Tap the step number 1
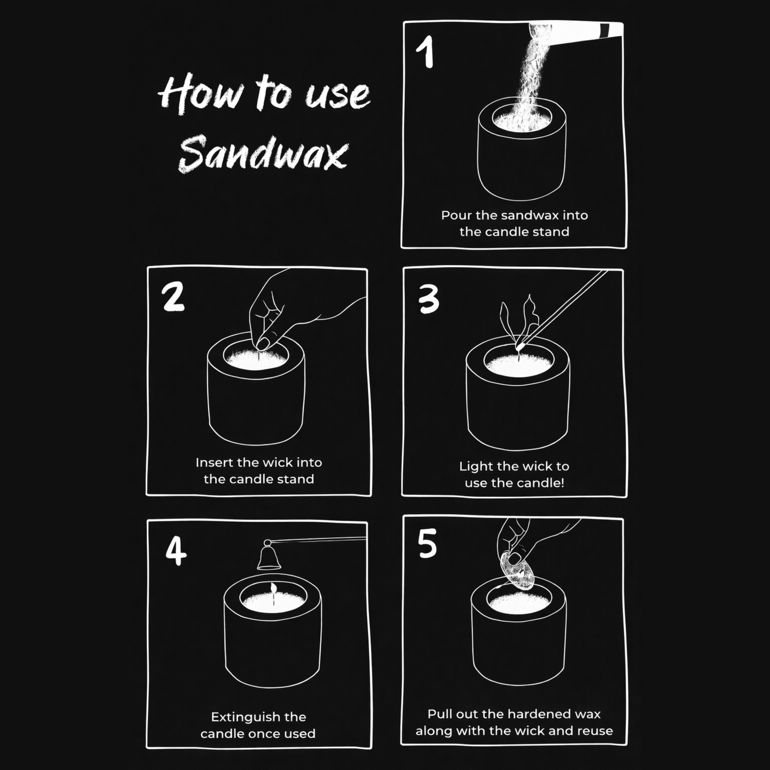pos(425,53)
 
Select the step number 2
pos(173,297)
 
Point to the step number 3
pos(428,299)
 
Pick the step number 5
pos(427,544)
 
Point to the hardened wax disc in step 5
pos(517,571)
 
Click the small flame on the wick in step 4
pos(273,588)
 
